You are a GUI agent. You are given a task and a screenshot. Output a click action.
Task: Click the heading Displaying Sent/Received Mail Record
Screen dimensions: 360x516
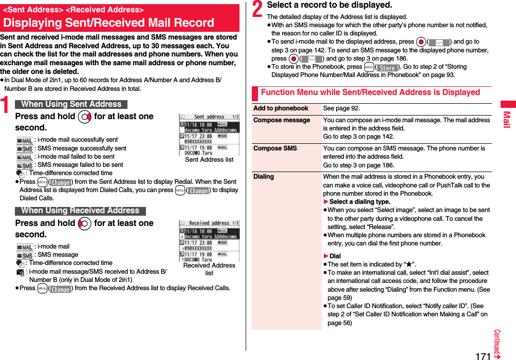pos(108,23)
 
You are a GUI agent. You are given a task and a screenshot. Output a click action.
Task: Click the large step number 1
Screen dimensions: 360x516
pos(7,110)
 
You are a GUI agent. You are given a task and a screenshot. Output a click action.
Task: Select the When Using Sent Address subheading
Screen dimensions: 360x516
pos(71,104)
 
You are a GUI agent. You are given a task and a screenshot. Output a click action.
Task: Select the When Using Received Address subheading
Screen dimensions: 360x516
pos(80,211)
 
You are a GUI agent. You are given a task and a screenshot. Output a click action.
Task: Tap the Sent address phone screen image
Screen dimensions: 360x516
pos(209,134)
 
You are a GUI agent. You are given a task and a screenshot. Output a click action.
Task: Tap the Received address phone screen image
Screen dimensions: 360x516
pos(209,240)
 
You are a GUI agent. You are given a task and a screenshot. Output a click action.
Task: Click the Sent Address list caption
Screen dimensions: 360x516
pos(209,160)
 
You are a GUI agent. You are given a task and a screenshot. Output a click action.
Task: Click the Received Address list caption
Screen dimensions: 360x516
pos(209,269)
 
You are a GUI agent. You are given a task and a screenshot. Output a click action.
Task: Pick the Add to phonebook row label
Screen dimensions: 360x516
pos(281,108)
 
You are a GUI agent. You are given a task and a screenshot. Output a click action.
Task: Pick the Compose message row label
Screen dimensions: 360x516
pos(282,120)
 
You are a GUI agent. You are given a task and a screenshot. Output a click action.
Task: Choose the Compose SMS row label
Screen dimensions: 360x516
pos(275,148)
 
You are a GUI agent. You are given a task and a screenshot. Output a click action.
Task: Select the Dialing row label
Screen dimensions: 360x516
pos(264,177)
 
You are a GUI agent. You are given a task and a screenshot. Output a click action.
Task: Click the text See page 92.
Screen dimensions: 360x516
pos(341,108)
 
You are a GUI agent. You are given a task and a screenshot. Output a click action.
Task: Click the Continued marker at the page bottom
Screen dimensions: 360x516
pos(497,344)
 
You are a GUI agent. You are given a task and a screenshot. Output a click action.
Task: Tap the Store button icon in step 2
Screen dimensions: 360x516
pos(387,67)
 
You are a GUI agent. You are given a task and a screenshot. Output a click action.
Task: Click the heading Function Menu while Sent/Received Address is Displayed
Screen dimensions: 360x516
pos(370,92)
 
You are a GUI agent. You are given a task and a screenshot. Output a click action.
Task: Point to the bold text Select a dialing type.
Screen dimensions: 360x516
pos(359,202)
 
